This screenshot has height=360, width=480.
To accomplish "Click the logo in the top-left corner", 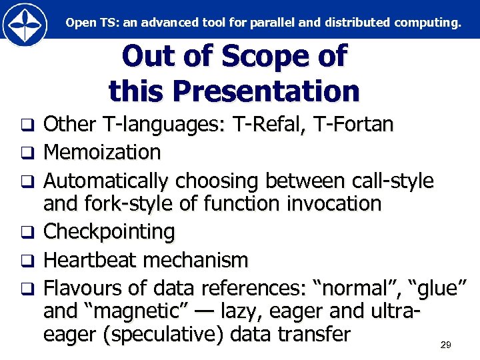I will tap(25, 23).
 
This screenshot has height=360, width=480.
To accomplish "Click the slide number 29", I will tap(446, 345).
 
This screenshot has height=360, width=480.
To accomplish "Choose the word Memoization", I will tap(102, 153).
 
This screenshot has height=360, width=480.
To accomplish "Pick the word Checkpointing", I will tap(109, 232).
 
